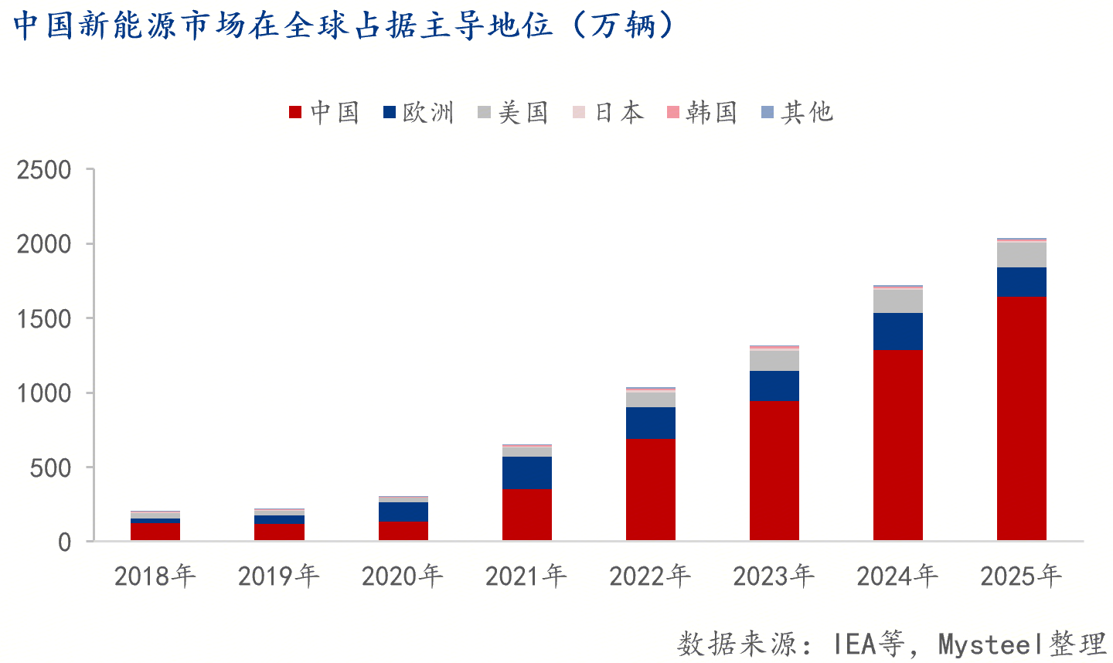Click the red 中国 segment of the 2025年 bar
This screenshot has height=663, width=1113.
1021,418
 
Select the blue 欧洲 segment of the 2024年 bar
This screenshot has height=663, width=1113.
897,331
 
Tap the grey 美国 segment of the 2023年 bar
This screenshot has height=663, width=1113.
774,360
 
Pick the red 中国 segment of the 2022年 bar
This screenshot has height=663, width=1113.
650,489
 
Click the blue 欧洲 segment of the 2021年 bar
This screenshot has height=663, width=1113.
526,473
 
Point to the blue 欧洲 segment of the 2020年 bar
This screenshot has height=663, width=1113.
403,512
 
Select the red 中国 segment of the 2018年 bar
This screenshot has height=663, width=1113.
155,532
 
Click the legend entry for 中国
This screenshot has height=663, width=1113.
325,113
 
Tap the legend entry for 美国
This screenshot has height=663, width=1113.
513,113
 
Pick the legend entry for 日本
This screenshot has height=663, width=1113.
608,113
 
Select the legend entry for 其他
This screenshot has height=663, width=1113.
798,113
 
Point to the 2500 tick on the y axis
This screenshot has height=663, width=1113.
44,170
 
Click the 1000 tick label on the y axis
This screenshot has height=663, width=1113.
44,393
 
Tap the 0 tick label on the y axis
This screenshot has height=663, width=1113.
64,542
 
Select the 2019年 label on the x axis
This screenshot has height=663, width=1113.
278,576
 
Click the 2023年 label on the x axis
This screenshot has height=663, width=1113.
773,576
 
